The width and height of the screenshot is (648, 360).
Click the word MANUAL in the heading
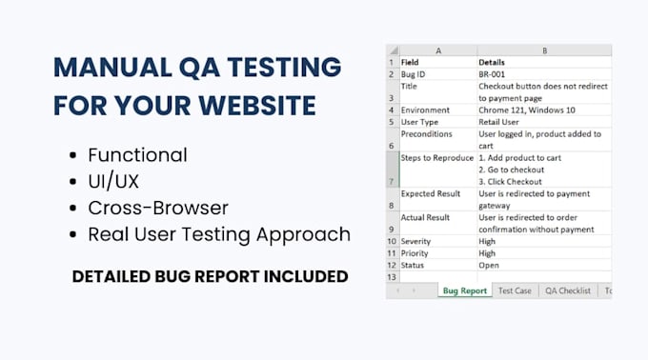pos(112,67)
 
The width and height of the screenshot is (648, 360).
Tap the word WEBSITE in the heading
pos(257,106)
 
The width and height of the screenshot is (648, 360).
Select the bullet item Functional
pos(137,155)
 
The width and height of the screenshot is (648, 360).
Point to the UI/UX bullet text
pos(113,181)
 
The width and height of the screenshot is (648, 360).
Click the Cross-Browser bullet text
pos(158,208)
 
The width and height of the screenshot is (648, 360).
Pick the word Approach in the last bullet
pos(303,235)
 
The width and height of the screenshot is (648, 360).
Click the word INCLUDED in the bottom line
pos(306,276)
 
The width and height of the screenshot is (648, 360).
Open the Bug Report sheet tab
pos(464,290)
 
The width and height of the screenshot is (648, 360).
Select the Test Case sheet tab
pos(515,290)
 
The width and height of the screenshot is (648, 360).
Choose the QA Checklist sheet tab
pos(568,290)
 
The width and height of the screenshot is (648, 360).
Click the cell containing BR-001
pos(544,74)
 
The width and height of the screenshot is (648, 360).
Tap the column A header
pos(438,50)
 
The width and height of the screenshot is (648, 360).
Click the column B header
pos(544,50)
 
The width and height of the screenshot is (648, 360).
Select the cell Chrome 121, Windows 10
pos(544,110)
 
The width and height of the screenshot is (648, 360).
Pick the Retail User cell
pos(544,122)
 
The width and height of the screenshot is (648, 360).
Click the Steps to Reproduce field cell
pos(438,170)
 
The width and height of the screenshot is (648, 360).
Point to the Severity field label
pos(415,242)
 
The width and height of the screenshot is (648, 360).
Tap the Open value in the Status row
pos(489,266)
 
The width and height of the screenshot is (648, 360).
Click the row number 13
pos(392,277)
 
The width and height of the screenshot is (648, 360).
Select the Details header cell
pos(544,62)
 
